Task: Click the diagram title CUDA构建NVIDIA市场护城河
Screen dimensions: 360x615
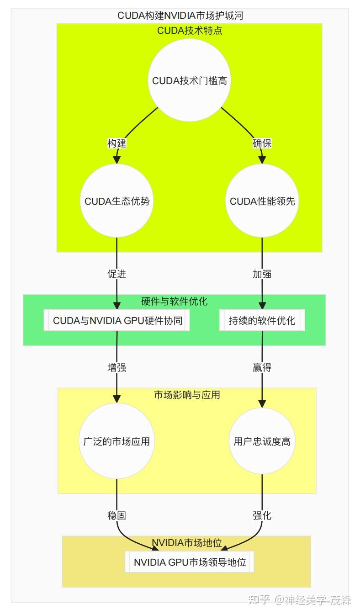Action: (180, 16)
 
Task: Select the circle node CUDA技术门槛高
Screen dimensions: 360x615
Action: (190, 80)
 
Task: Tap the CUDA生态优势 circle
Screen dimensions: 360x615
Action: (117, 201)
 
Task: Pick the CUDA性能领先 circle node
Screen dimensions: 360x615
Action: (262, 201)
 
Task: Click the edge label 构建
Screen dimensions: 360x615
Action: (117, 143)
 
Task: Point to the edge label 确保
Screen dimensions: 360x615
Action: (262, 143)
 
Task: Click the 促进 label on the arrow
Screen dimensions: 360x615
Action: (117, 274)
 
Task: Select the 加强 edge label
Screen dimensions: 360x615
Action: (262, 274)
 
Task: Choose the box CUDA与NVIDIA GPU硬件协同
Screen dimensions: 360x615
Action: (117, 320)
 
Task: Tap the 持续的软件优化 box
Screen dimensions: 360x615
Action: (262, 320)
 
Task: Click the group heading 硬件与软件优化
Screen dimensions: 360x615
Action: (175, 301)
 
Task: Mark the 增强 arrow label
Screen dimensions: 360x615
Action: (117, 367)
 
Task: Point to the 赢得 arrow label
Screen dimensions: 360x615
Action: (262, 367)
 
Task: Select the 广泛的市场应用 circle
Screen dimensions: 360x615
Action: (117, 441)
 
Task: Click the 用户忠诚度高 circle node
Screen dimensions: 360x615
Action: (262, 441)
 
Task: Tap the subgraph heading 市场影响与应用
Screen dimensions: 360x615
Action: (187, 395)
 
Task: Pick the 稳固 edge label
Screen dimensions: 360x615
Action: (117, 515)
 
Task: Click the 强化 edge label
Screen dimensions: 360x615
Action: (262, 515)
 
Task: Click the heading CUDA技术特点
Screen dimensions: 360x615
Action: (190, 31)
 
